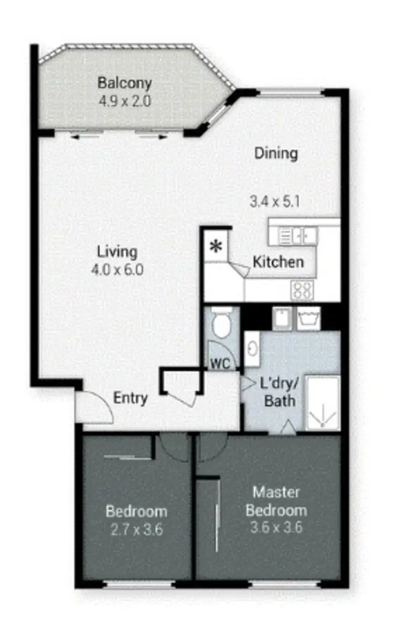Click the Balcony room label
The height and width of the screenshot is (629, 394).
(x=125, y=83)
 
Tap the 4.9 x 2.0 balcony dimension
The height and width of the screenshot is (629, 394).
(x=125, y=100)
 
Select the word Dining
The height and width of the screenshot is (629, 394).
(x=276, y=153)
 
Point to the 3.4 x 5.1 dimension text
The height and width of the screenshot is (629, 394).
(x=275, y=202)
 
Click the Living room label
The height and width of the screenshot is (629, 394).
(x=117, y=251)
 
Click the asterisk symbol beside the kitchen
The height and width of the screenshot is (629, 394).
(x=215, y=246)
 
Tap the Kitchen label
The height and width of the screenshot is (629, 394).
(x=278, y=262)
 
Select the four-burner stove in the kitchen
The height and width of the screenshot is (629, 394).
(x=302, y=290)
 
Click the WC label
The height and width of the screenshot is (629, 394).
(x=222, y=363)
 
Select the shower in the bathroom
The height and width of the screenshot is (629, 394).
(x=322, y=403)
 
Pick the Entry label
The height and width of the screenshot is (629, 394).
(x=130, y=399)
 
